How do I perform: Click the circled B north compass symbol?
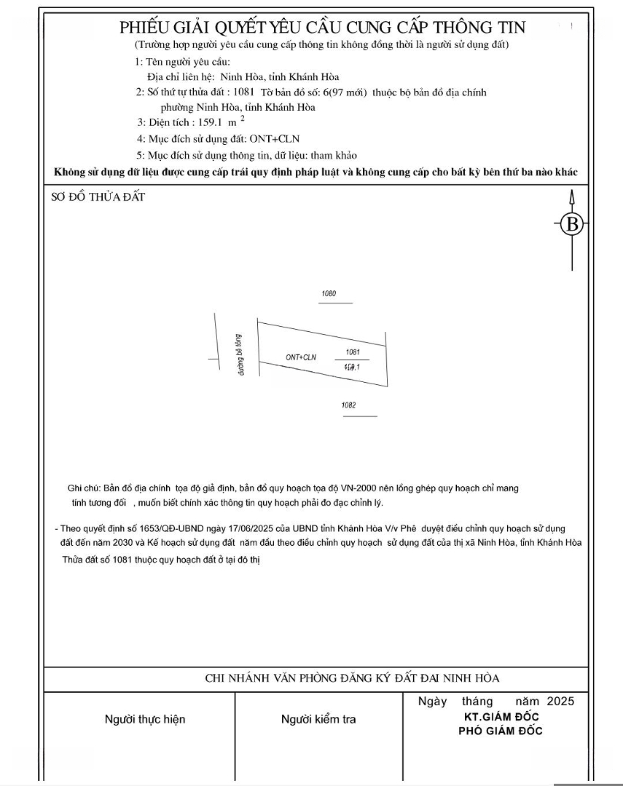[572, 224]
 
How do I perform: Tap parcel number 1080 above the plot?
[329, 294]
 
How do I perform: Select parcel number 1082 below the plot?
[348, 405]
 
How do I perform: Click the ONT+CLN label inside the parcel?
[302, 357]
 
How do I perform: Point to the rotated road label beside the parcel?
[238, 354]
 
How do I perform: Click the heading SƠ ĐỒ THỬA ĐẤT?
[98, 197]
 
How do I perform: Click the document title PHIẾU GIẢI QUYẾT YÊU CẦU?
[322, 28]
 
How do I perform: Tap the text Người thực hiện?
[145, 719]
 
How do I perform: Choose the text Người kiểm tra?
[318, 719]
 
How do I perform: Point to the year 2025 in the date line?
[560, 702]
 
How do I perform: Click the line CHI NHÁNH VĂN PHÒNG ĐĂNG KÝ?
[352, 678]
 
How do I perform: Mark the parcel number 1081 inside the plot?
[353, 352]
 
